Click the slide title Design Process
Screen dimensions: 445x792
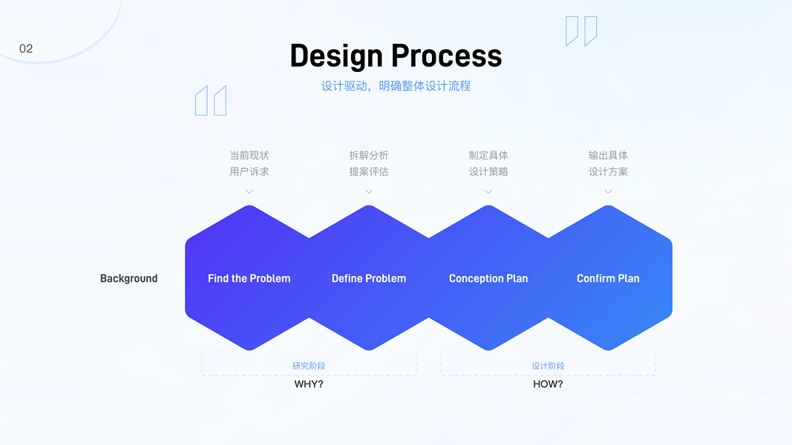(x=396, y=56)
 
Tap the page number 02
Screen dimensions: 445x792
(x=26, y=49)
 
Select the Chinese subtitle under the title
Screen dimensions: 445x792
(x=396, y=86)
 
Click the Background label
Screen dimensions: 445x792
(x=128, y=279)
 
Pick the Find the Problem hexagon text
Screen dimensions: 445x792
(x=249, y=279)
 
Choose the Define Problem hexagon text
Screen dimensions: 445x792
(x=369, y=279)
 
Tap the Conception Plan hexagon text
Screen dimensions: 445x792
(x=488, y=279)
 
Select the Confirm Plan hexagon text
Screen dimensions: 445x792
(x=608, y=279)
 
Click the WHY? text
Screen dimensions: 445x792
(x=309, y=384)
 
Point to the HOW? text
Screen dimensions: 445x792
(x=548, y=384)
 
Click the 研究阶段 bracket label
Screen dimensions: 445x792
(x=309, y=366)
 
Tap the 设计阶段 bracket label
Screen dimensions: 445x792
(x=548, y=366)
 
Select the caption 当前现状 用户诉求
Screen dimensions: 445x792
(x=249, y=163)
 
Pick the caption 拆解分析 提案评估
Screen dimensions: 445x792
(x=369, y=163)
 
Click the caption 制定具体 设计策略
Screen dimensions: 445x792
(x=488, y=163)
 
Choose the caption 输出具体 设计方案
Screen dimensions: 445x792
(x=608, y=163)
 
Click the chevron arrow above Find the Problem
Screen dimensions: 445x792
(x=249, y=191)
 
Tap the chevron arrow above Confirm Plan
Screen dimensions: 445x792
(x=608, y=191)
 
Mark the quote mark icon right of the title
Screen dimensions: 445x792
(x=581, y=31)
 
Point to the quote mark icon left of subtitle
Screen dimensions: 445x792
(x=211, y=100)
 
